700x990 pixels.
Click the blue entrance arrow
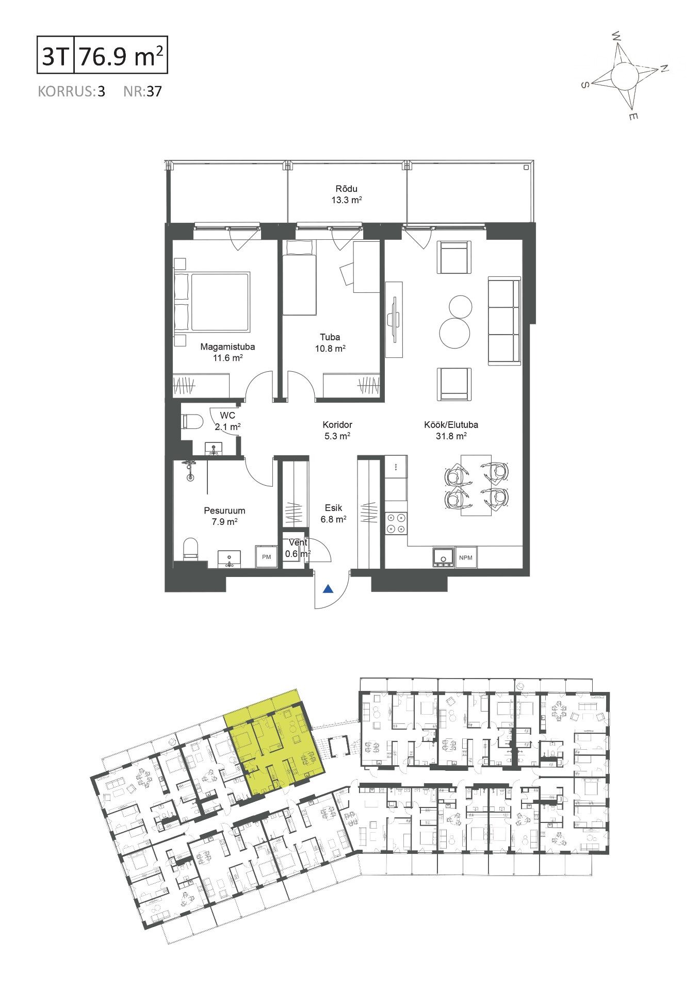point(328,589)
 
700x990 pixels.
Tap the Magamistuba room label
point(227,346)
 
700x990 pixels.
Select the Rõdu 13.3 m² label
point(346,194)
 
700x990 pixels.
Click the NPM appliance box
point(466,557)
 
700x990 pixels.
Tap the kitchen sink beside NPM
point(443,557)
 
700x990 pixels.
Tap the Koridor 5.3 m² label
point(337,430)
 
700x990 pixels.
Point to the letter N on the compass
point(664,68)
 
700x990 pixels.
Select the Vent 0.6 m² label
point(298,548)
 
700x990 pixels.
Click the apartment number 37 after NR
point(154,92)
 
